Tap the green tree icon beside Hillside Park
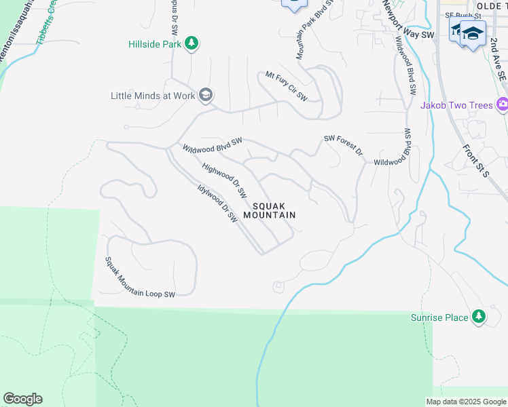[x=192, y=44]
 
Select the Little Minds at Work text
[x=153, y=96]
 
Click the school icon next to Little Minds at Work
[x=206, y=96]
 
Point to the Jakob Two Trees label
[x=456, y=105]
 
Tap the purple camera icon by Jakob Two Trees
[x=503, y=104]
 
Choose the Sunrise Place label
[x=439, y=317]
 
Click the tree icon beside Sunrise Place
[x=479, y=317]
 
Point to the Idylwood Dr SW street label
[x=217, y=204]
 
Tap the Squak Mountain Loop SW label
[x=140, y=277]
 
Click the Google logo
[x=22, y=399]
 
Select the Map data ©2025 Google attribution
[x=466, y=402]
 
